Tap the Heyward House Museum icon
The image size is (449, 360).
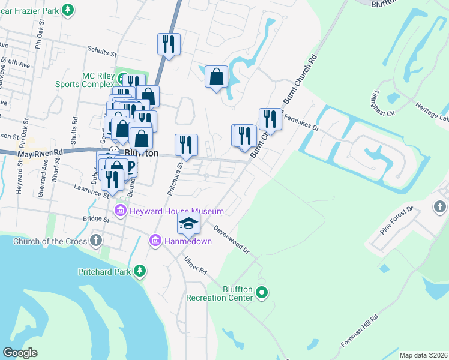(120, 211)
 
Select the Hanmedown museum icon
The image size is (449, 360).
(155, 241)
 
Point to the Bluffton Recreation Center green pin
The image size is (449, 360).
(261, 293)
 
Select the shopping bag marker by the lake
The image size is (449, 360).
(216, 77)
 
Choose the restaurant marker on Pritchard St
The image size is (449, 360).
(186, 145)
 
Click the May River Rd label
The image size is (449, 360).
(40, 154)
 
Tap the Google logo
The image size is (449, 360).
(20, 353)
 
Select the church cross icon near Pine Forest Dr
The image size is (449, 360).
(439, 207)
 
